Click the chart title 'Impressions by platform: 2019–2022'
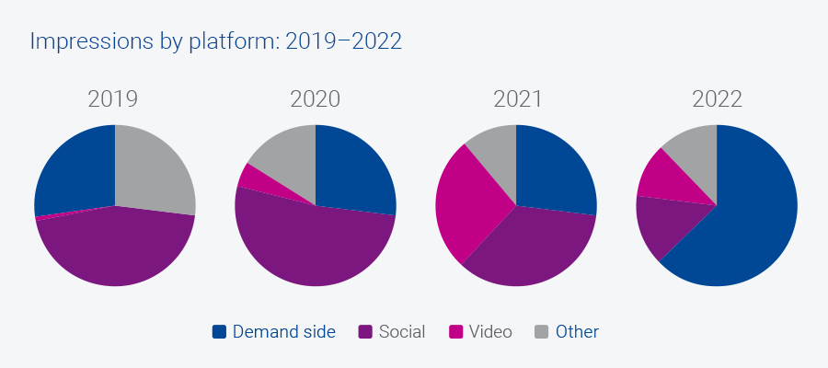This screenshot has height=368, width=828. pos(215,42)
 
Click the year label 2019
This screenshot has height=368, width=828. pos(113,99)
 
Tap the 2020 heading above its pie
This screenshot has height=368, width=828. pos(315,99)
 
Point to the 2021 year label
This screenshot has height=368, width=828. pos(516,99)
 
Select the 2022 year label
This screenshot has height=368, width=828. pos(717,99)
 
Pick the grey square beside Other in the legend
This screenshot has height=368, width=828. pos(542,332)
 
